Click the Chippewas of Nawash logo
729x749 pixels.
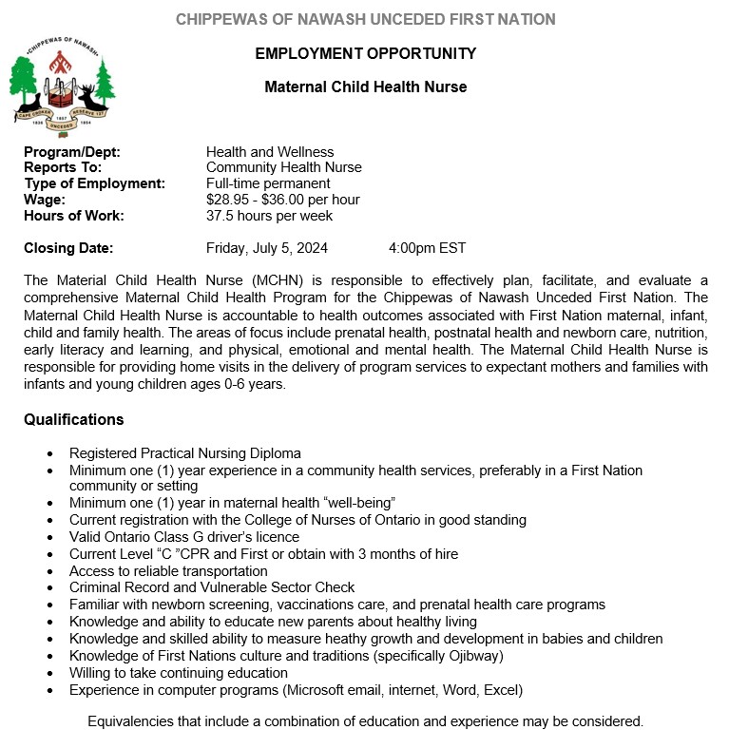(x=62, y=88)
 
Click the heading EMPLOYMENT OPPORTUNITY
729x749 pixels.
(x=365, y=53)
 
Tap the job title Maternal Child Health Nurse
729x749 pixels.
(x=365, y=86)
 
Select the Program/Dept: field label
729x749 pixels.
(x=72, y=152)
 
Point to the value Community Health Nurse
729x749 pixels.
(x=283, y=167)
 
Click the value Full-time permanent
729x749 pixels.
(x=268, y=183)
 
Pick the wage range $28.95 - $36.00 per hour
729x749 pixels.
(x=282, y=200)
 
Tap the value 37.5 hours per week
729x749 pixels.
(x=269, y=216)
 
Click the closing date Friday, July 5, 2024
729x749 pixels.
(x=267, y=248)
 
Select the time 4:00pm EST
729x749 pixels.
(x=427, y=248)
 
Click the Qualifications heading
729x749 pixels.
(x=73, y=419)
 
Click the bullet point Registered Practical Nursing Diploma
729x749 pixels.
(x=184, y=453)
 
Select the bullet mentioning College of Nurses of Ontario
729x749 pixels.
(x=297, y=520)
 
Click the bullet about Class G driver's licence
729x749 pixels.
(x=183, y=537)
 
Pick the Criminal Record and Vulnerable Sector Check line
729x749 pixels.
(x=211, y=587)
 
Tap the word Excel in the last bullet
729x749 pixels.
(x=499, y=689)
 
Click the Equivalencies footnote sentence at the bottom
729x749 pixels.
(x=365, y=720)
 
